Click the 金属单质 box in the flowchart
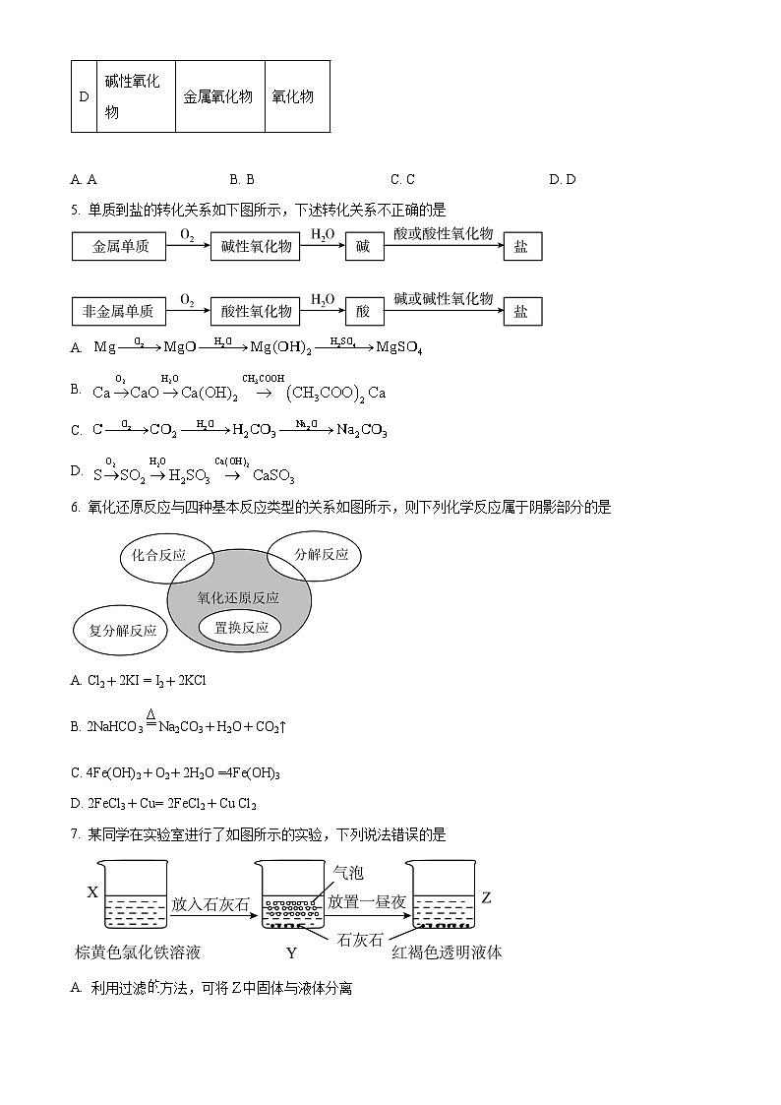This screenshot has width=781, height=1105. (121, 246)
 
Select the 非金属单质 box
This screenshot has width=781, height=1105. (118, 311)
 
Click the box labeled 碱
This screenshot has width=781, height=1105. (363, 246)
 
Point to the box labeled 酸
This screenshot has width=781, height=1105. (363, 311)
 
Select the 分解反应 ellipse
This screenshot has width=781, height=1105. (321, 554)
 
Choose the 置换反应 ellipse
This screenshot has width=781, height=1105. (240, 627)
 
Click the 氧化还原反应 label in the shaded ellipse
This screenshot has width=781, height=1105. (238, 597)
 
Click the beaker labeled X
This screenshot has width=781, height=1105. (136, 896)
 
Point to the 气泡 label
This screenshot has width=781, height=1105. (348, 872)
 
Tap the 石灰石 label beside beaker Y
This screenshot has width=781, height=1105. (359, 939)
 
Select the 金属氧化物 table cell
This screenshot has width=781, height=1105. (218, 96)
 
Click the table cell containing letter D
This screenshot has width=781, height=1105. (84, 96)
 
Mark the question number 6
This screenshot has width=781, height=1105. (75, 508)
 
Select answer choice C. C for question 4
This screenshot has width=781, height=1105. (402, 179)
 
